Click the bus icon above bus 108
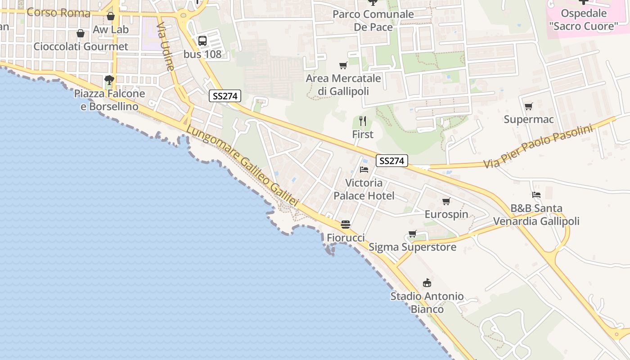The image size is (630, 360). point(202,41)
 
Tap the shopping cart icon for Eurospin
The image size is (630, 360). point(446,201)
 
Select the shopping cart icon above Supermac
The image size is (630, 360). point(528,107)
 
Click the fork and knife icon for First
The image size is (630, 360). point(363,121)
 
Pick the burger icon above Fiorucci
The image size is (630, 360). point(346,224)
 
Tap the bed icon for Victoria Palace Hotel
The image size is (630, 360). point(364,170)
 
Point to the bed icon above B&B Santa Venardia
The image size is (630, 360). point(536,195)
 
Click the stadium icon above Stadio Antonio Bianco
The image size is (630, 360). point(427,283)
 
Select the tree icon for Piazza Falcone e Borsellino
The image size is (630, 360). point(109,81)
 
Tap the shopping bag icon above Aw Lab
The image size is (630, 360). point(111,16)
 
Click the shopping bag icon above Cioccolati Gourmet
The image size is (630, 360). point(81,33)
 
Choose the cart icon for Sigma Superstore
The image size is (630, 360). point(412,234)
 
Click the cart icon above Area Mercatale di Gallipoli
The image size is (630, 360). point(343,66)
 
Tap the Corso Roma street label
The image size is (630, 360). point(58,12)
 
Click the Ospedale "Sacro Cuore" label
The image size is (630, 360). point(584,20)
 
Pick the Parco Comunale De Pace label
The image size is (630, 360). point(373,21)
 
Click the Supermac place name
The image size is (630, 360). point(528,120)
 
